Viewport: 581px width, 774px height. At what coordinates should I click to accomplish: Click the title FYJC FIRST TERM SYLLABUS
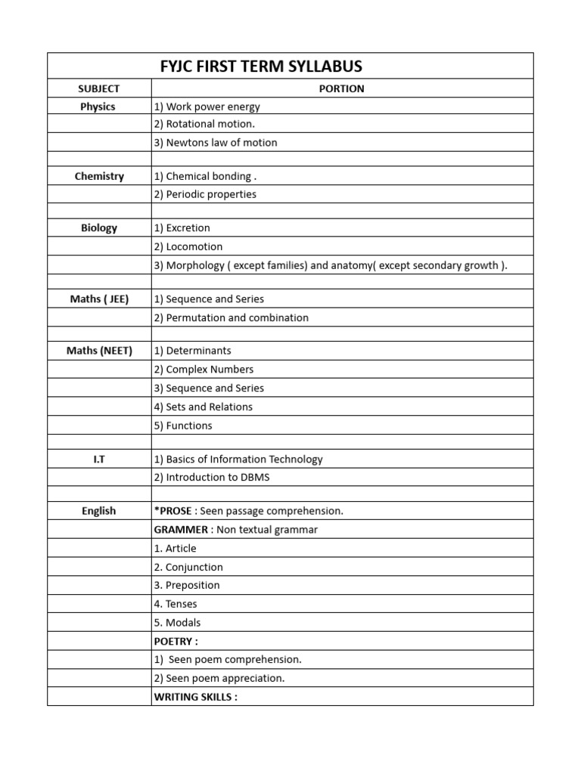(261, 67)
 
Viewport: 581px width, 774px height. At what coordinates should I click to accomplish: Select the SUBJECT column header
(98, 88)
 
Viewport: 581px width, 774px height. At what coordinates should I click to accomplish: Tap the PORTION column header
(342, 88)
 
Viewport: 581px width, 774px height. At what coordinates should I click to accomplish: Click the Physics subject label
(98, 107)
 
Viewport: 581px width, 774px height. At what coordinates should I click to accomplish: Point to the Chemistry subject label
(99, 176)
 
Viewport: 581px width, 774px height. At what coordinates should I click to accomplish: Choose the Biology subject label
(99, 228)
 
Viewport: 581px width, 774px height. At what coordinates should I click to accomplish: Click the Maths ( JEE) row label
(99, 299)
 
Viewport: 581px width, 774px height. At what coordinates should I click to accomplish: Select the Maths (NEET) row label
(99, 351)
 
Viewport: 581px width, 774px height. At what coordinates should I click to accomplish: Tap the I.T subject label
(99, 459)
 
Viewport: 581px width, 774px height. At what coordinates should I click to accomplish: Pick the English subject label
(99, 511)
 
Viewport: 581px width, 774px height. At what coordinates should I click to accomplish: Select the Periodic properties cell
(205, 194)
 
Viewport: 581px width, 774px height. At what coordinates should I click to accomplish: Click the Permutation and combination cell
(231, 317)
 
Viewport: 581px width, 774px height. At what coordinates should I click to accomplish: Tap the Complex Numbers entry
(204, 370)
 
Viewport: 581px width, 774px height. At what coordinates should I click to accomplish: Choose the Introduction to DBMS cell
(212, 477)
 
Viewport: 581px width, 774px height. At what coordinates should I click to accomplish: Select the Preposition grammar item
(187, 585)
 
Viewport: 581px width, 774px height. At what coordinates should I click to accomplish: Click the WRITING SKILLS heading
(195, 697)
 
